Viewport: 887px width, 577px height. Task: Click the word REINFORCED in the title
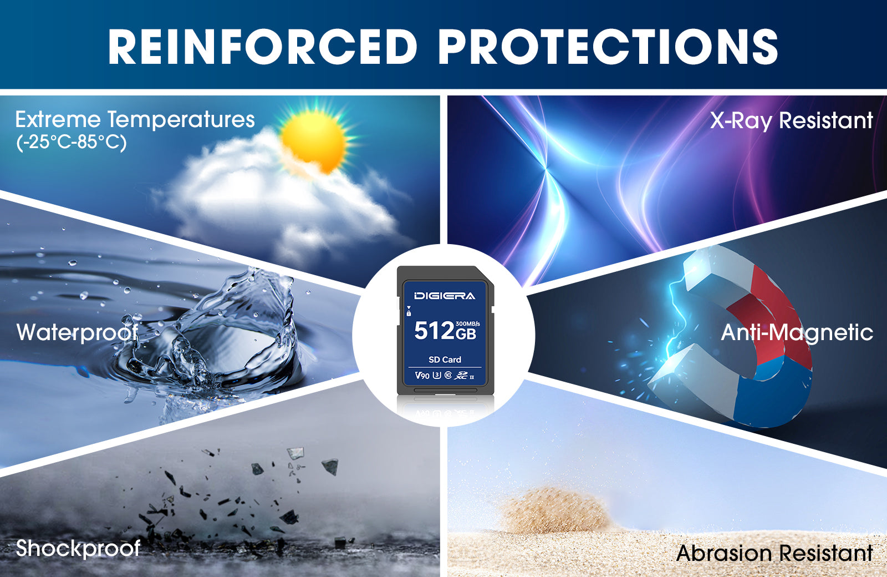tap(263, 46)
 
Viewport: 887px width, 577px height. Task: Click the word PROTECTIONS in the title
tap(608, 46)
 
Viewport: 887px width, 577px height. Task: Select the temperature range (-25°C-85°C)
tap(72, 142)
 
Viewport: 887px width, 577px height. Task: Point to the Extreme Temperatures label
tap(135, 120)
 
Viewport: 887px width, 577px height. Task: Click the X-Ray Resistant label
tap(791, 120)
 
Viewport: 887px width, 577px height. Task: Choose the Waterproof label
tap(78, 332)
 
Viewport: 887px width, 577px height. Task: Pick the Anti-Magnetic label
tap(797, 333)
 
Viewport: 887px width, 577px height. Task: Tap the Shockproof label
tap(78, 549)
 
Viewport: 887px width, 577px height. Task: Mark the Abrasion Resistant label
tap(774, 553)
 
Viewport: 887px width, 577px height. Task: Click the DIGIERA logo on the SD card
tap(445, 296)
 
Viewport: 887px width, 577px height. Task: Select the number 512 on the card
tap(434, 331)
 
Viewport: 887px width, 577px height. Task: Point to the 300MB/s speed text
tap(468, 324)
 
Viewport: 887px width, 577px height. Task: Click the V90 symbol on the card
tap(422, 375)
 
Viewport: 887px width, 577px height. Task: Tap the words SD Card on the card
tap(445, 360)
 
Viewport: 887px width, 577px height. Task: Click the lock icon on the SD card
tap(409, 313)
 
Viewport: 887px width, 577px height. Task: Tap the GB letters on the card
tap(466, 333)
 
